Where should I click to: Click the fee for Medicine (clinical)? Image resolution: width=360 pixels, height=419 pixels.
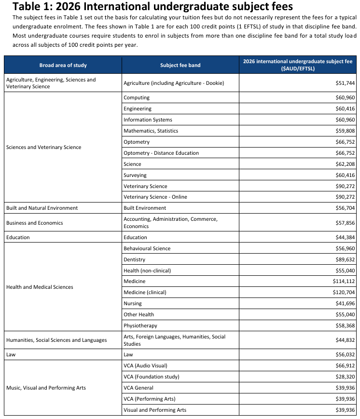point(344,292)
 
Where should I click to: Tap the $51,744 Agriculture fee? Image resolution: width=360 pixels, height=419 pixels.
point(345,83)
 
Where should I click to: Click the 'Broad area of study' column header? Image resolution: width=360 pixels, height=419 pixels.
point(63,65)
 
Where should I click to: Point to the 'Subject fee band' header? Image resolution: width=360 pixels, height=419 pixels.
point(180,65)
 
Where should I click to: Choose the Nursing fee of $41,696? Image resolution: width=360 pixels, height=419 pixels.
point(345,303)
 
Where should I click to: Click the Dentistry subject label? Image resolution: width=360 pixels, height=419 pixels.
point(134,259)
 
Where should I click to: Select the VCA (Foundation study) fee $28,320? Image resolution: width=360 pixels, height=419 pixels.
point(345,377)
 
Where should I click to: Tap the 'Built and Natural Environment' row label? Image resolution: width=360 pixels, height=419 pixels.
point(42,208)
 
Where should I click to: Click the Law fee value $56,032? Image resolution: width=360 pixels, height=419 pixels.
point(345,354)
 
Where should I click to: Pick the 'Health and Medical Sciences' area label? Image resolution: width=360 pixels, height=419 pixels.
point(40,287)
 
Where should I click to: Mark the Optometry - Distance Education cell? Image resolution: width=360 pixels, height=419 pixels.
point(161,153)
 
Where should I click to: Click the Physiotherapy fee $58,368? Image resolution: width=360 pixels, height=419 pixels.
point(345,325)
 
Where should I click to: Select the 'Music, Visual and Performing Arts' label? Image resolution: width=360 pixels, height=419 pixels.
point(46,388)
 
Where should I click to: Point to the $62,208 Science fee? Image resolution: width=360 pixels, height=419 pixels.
point(345,164)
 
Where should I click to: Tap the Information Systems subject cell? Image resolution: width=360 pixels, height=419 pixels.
point(148,120)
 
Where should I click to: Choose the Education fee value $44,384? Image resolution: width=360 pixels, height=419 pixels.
point(345,237)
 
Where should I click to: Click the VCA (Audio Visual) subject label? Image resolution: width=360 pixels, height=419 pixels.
point(145,365)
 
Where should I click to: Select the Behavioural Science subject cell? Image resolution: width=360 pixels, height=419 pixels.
point(147,248)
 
